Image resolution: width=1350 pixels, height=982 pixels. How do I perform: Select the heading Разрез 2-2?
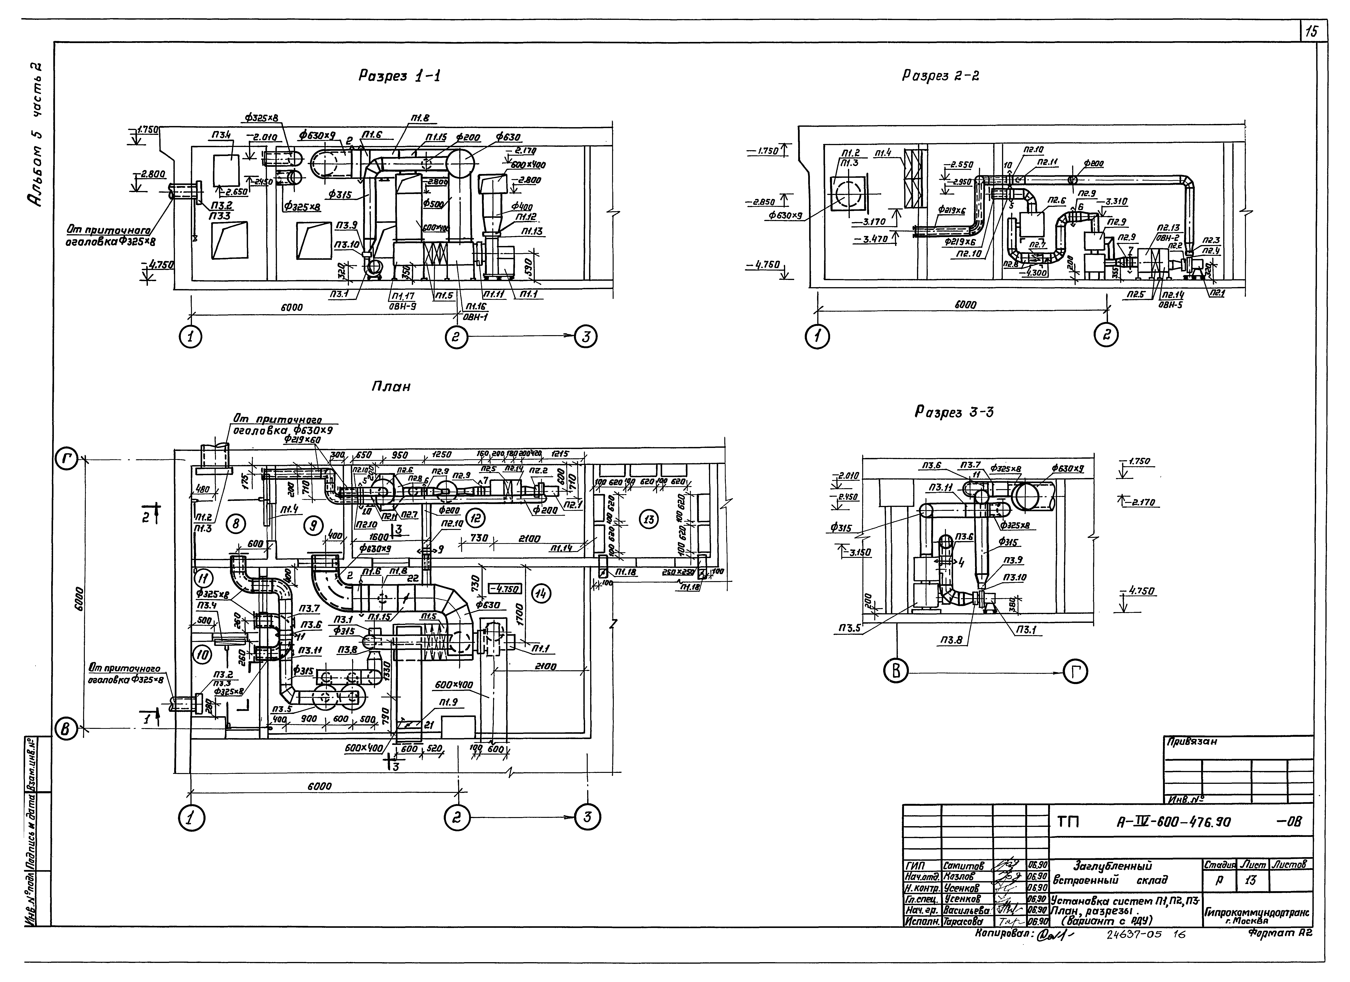tap(940, 76)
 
